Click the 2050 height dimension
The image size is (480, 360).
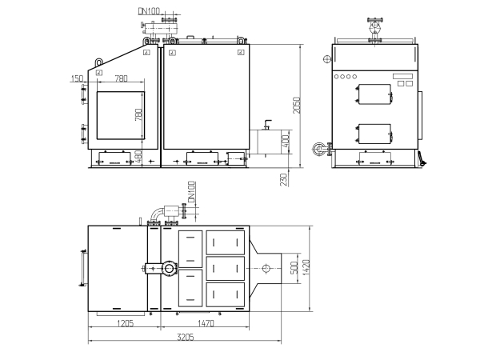click(x=296, y=106)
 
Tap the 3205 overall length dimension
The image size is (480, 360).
click(x=186, y=337)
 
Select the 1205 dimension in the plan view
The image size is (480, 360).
click(x=126, y=323)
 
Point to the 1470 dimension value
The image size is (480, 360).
click(x=206, y=323)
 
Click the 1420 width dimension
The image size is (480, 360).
click(x=306, y=267)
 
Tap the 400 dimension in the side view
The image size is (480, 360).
click(x=285, y=141)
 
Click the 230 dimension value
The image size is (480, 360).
click(x=284, y=180)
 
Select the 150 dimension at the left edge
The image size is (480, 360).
click(x=77, y=78)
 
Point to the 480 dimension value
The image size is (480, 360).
click(x=138, y=156)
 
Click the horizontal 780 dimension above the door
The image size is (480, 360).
click(x=122, y=78)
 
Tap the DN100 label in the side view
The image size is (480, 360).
click(x=149, y=11)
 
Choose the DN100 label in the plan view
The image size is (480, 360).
click(x=191, y=192)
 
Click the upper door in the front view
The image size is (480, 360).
click(x=374, y=94)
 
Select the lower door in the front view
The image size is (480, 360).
click(x=374, y=134)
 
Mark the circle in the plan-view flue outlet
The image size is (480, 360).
click(x=266, y=269)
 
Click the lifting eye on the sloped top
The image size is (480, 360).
click(x=99, y=62)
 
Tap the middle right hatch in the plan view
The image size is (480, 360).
click(x=226, y=269)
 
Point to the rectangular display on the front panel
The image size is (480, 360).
click(x=403, y=76)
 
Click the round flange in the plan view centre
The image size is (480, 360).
click(x=169, y=269)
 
